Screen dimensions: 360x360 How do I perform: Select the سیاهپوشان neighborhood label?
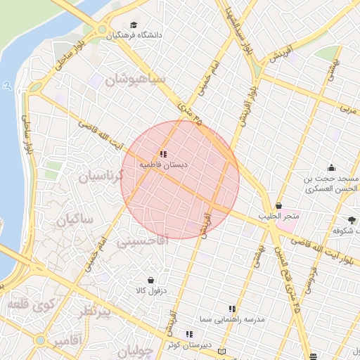tap(134, 79)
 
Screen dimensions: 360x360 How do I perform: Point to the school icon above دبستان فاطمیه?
tap(163, 153)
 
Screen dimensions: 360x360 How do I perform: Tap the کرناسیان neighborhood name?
tap(99, 176)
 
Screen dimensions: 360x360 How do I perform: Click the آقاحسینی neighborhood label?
tap(143, 241)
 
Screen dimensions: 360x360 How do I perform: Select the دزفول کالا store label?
tap(150, 289)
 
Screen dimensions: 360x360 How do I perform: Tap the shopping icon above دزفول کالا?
tap(150, 279)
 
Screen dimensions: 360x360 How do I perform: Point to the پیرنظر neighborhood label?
tap(96, 312)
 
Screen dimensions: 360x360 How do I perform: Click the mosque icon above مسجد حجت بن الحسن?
tap(331, 167)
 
